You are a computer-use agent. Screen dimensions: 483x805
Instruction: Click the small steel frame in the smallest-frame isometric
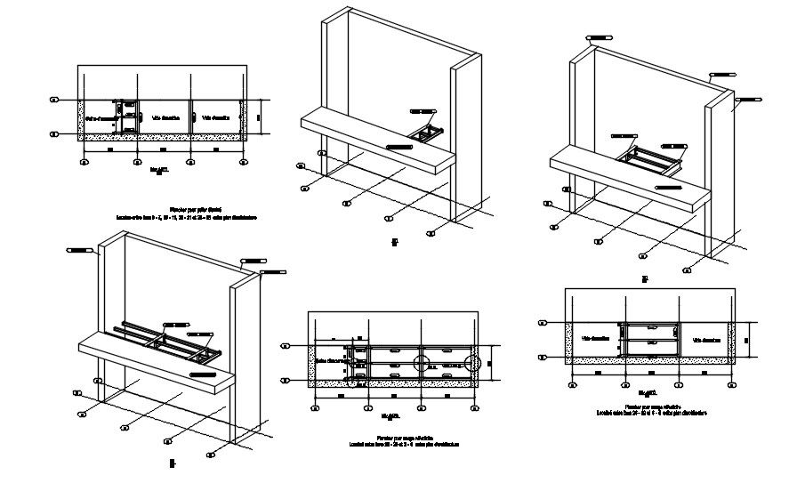426,133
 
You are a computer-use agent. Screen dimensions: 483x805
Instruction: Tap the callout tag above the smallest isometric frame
423,111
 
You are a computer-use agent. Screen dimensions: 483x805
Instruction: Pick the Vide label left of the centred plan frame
595,339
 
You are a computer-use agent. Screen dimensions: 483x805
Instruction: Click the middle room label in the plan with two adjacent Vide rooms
165,117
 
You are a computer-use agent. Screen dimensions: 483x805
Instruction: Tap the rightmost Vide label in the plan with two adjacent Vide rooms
216,117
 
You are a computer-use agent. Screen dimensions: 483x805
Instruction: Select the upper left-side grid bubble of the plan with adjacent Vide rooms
55,100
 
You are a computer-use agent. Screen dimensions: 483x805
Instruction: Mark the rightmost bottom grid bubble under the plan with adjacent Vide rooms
246,163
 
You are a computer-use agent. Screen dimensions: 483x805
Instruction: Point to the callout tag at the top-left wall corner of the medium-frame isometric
595,37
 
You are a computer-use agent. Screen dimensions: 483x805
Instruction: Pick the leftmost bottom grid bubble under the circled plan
315,409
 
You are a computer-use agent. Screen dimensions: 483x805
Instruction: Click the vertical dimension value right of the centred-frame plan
748,339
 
